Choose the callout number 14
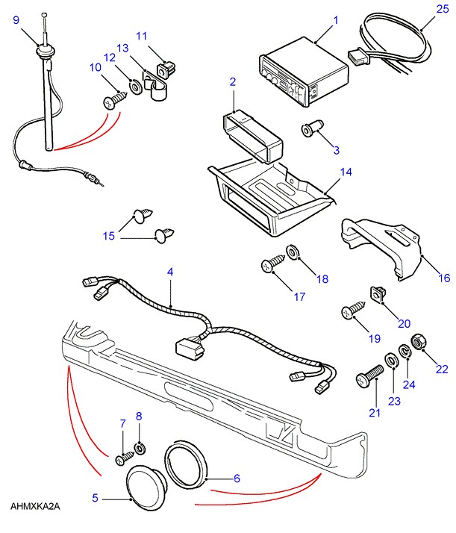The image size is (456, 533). pos(346,172)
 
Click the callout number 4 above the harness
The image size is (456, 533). pos(170,273)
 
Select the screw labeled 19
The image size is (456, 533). pos(351,309)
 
